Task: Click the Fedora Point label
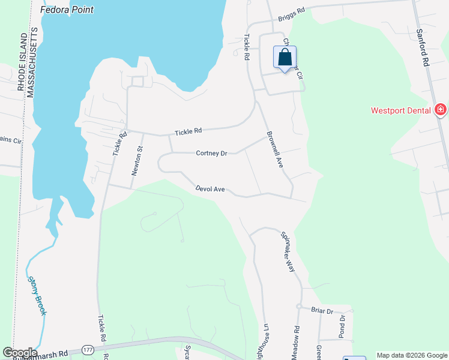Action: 68,10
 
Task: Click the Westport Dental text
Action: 401,110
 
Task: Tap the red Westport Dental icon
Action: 441,109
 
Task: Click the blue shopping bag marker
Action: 285,58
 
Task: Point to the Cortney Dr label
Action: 211,153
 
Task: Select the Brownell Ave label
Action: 274,148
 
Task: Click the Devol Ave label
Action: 210,189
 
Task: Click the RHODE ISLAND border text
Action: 21,60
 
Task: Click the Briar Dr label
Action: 322,310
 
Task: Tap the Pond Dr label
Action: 341,326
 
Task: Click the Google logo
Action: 19,353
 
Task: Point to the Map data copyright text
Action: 411,355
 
